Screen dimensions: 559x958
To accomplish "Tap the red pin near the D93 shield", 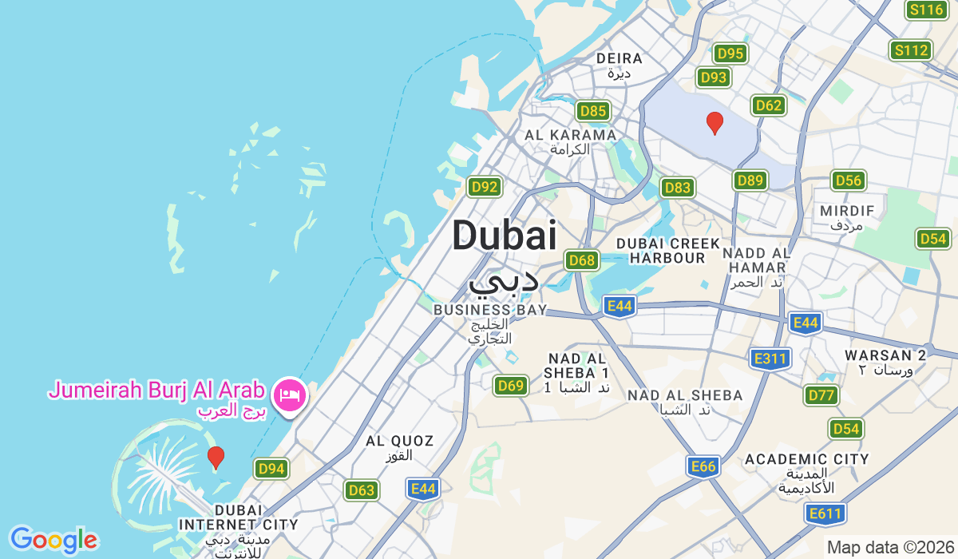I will [715, 123].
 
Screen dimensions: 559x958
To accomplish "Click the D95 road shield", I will [730, 54].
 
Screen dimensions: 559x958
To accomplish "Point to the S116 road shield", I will [926, 10].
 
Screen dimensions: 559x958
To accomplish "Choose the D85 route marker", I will [593, 111].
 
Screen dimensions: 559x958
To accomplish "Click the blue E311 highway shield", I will [770, 359].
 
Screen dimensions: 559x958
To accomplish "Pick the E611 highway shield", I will [825, 513].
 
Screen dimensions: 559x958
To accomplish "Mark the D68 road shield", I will [582, 260].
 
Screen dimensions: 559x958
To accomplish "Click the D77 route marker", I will [821, 394].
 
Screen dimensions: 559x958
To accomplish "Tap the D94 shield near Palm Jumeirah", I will [271, 469].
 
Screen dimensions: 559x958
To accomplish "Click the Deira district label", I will [620, 58].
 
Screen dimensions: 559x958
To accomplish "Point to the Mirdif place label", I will [847, 211].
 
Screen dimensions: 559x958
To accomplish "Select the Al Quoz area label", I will [399, 441].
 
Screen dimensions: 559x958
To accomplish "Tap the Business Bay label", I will [490, 309].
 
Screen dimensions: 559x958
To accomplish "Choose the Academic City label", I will [806, 459].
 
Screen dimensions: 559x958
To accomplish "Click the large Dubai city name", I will [504, 236].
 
